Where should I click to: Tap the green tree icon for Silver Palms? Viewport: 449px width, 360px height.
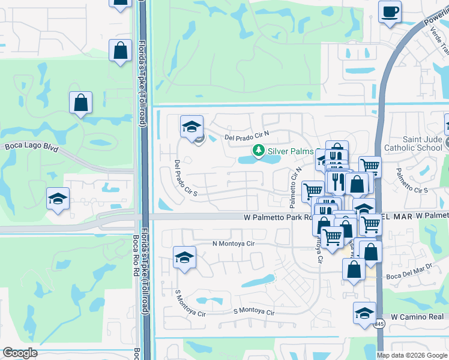258,150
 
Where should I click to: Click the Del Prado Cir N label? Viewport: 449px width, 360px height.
248,137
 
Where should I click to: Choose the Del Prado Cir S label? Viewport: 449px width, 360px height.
186,178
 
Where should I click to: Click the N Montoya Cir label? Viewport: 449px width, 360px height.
234,244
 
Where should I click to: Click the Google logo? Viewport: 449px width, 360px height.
20,353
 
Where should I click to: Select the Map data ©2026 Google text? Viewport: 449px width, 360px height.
412,355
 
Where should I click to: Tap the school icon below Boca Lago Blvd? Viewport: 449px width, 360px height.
58,199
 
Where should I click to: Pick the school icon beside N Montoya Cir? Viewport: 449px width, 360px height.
184,257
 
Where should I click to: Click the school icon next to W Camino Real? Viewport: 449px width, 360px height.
364,313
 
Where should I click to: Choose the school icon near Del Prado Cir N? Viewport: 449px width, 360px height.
191,127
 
